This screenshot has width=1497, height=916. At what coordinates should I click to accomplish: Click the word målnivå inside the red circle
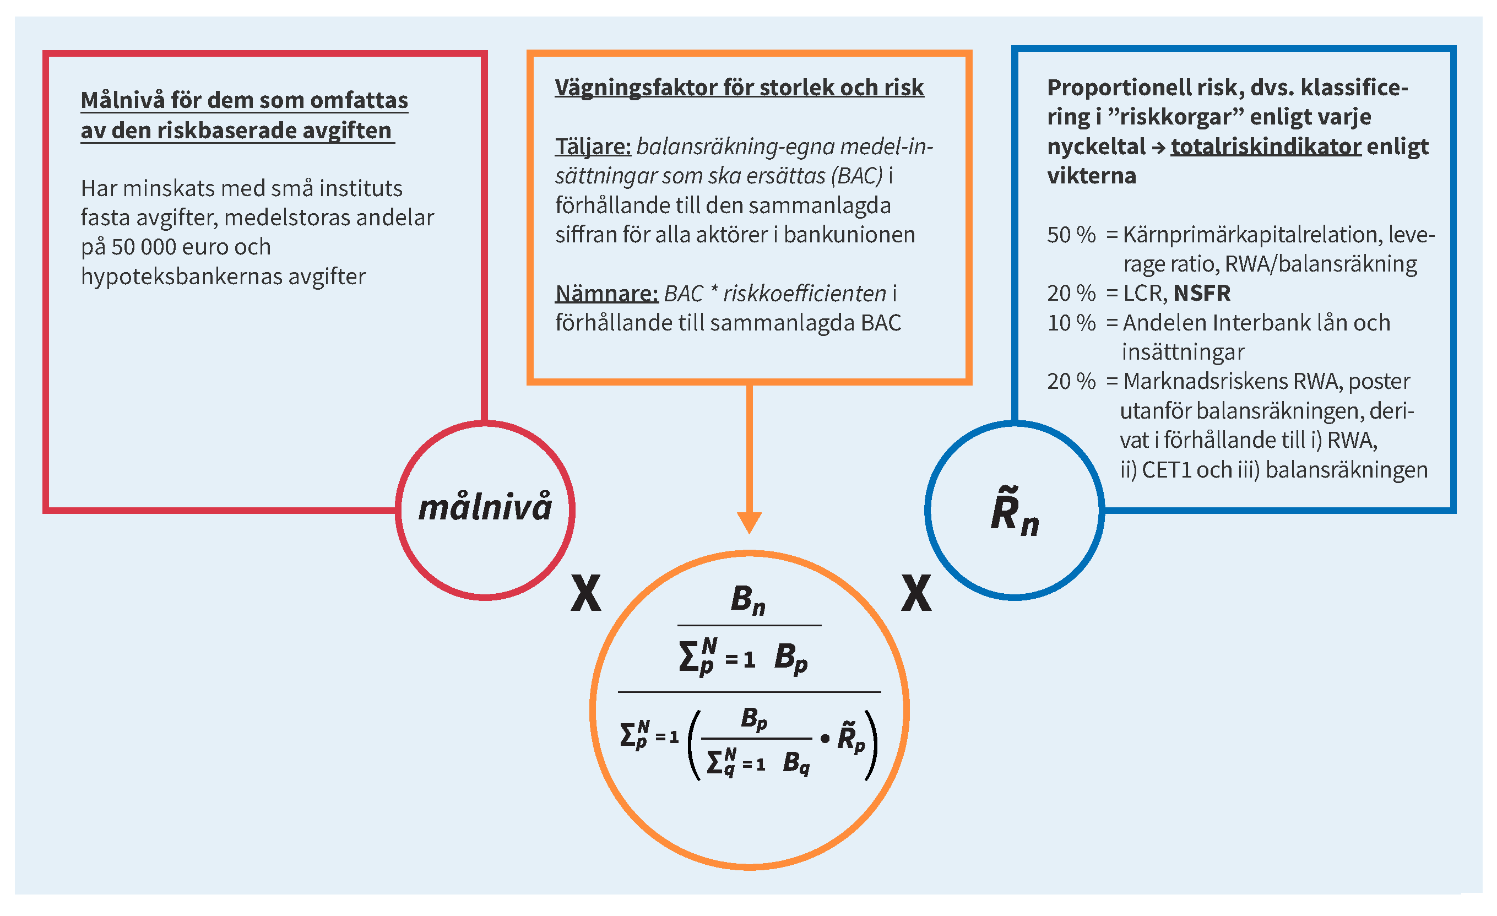point(485,507)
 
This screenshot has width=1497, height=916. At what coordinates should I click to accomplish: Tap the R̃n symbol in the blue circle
point(1013,512)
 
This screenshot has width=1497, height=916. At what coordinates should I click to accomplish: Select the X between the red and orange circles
point(585,593)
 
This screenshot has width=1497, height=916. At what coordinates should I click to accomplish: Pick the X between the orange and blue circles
point(916,593)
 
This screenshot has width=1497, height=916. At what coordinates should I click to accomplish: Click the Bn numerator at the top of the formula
point(748,600)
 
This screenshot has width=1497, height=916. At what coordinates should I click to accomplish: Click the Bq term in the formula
point(796,763)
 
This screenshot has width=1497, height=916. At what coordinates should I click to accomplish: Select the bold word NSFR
point(1202,294)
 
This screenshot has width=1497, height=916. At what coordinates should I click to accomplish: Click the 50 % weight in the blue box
point(1071,235)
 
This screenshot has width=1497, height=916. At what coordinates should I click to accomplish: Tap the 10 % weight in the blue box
point(1071,323)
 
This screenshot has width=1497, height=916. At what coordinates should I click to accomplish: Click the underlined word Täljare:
point(593,147)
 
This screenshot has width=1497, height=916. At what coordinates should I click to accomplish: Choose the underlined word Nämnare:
point(606,294)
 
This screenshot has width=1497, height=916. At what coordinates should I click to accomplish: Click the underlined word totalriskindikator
point(1266,147)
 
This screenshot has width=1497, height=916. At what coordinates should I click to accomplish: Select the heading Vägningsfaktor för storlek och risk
point(739,88)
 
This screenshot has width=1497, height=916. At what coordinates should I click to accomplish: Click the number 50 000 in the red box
point(146,247)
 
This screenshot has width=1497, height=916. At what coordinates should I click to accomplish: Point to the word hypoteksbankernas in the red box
point(181,277)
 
